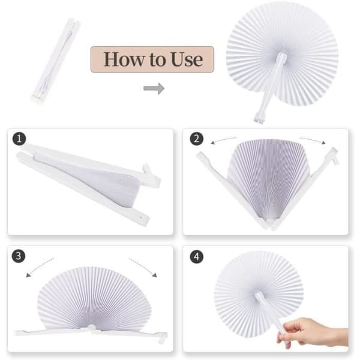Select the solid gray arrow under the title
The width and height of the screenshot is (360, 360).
point(154,88)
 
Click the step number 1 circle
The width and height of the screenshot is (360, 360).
point(19,139)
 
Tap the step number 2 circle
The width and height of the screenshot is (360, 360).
point(197,139)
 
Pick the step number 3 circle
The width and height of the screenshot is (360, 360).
point(19,256)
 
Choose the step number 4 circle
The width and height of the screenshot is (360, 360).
point(197,256)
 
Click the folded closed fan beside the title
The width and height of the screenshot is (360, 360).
point(56,61)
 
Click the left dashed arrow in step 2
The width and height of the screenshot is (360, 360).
point(223,140)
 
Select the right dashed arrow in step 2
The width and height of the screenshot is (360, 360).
point(313,140)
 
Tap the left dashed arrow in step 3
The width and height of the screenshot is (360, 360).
point(39,266)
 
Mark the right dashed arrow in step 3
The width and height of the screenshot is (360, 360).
point(143,267)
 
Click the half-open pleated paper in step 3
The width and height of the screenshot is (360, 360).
point(94,299)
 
